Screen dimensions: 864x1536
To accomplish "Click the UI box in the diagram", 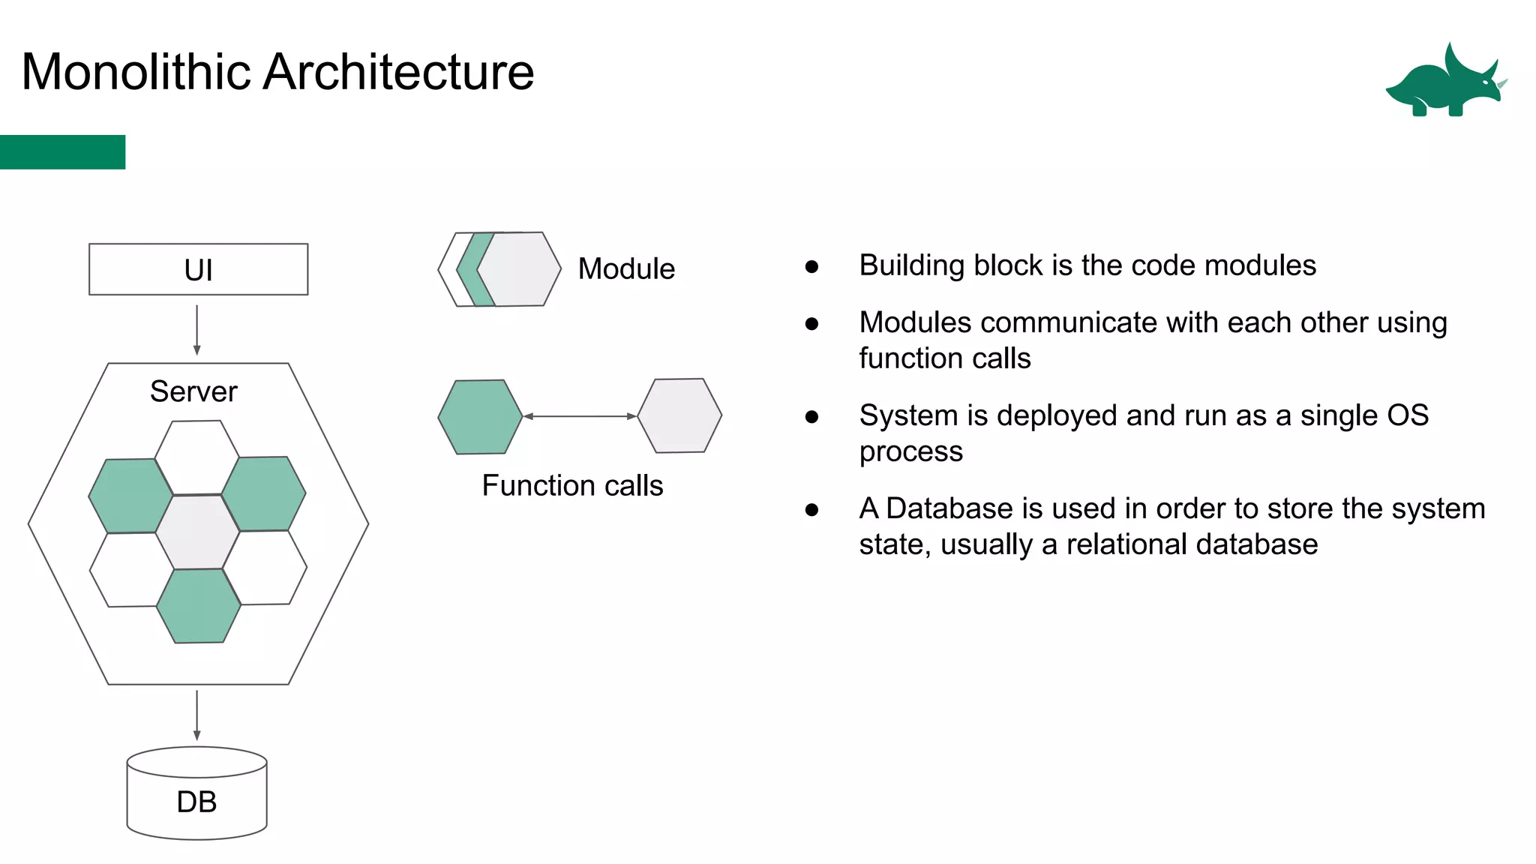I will [198, 269].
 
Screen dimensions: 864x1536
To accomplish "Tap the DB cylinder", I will [196, 795].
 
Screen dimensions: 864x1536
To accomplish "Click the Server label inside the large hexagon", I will [193, 391].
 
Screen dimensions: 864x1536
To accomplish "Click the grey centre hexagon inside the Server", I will [198, 532].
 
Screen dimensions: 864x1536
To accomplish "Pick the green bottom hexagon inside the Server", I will [199, 606].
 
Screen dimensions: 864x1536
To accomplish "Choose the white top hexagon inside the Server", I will [197, 457].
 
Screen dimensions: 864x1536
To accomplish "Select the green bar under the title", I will [62, 152].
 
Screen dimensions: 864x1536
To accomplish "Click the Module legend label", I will [626, 268].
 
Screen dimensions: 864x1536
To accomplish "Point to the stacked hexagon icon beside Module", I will [500, 269].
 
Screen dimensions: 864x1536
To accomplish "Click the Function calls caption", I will [572, 486].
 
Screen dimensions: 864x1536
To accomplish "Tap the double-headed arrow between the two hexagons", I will [580, 416].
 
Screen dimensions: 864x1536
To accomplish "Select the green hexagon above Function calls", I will [480, 417].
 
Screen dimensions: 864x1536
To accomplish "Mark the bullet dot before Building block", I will [811, 266].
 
